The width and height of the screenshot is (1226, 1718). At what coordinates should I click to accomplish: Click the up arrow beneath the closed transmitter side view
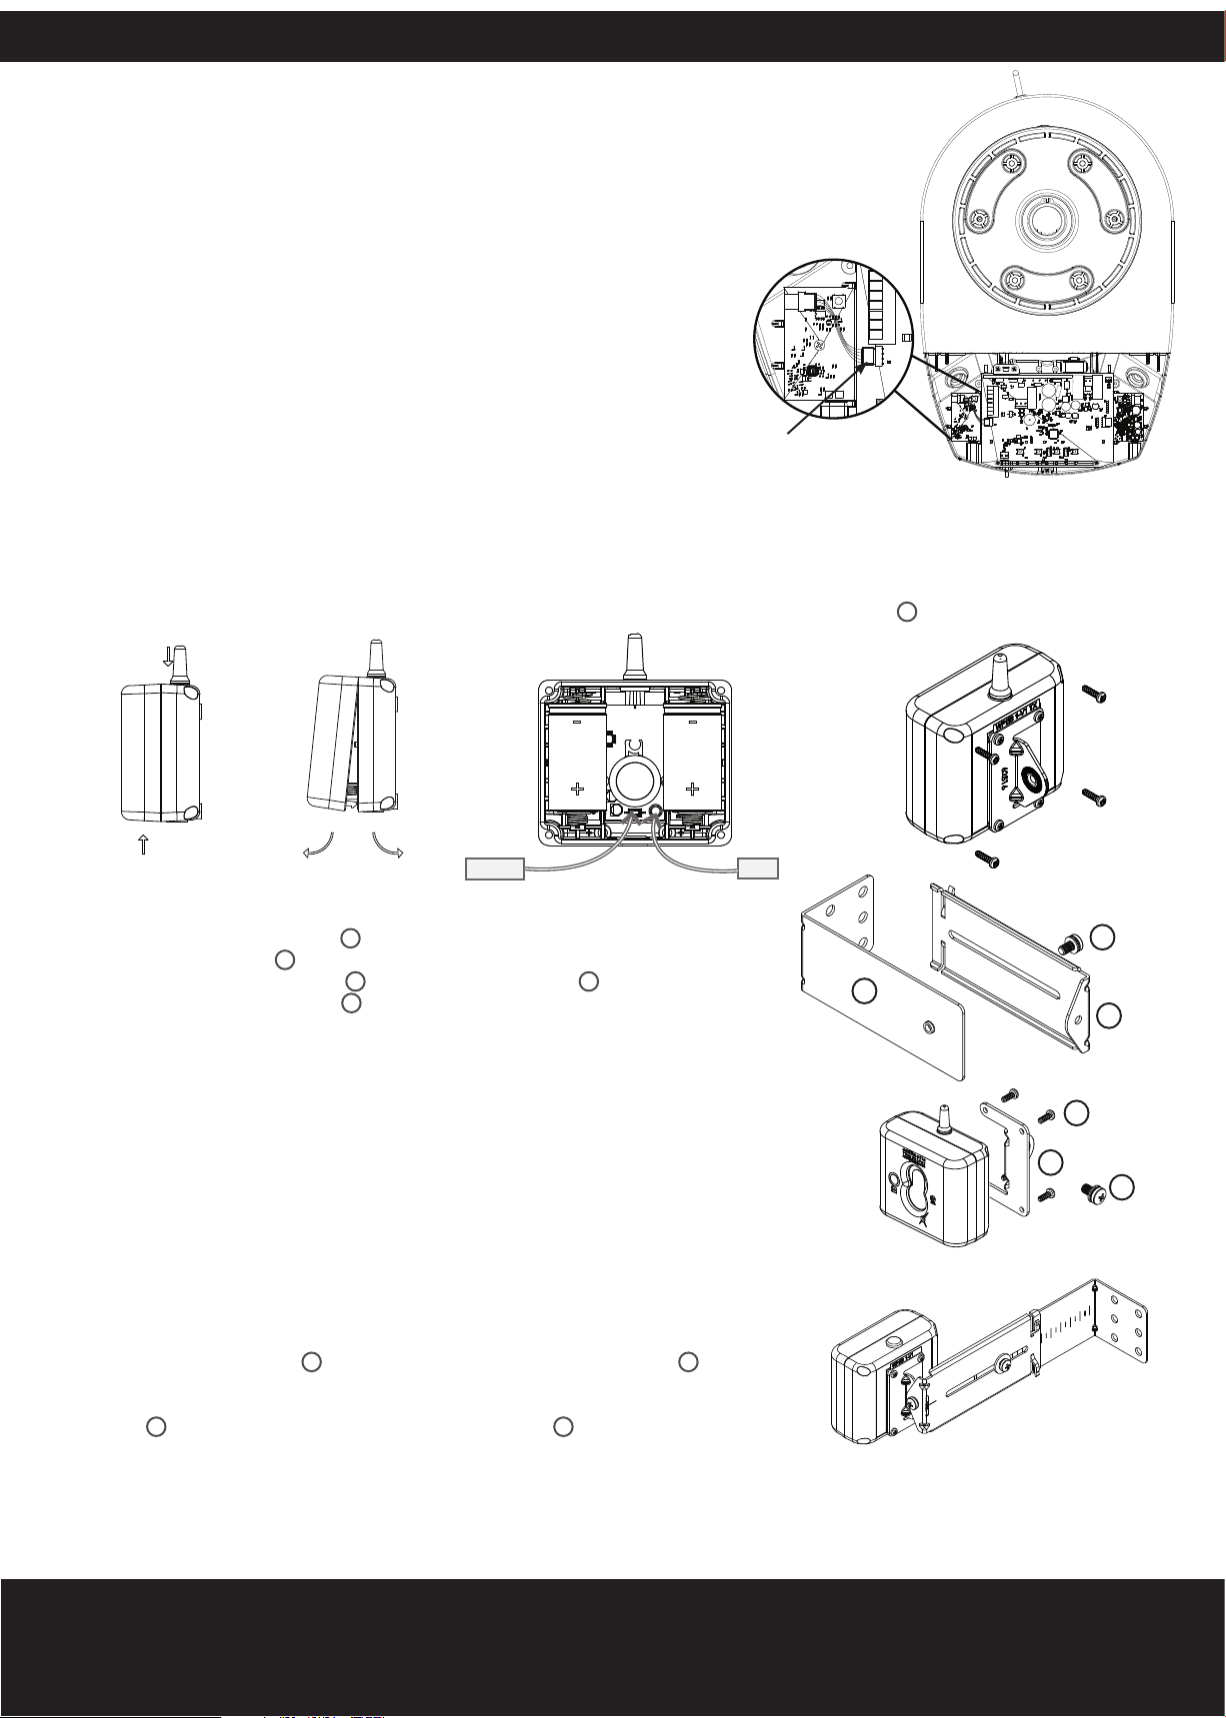[143, 845]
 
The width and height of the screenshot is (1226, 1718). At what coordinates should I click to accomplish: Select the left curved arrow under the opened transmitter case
[317, 849]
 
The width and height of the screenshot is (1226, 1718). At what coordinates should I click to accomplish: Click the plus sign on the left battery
[577, 788]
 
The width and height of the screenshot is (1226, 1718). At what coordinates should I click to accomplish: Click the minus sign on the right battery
[690, 719]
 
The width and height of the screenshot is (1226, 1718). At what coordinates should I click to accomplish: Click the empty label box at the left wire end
[495, 868]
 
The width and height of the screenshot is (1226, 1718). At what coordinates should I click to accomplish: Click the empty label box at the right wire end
[757, 868]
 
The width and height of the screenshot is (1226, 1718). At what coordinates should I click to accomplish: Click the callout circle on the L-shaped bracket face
[865, 991]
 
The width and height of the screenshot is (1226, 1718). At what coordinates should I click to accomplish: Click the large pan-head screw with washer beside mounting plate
[1092, 1190]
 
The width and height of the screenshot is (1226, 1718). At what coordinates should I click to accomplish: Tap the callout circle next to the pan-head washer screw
[1123, 1186]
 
